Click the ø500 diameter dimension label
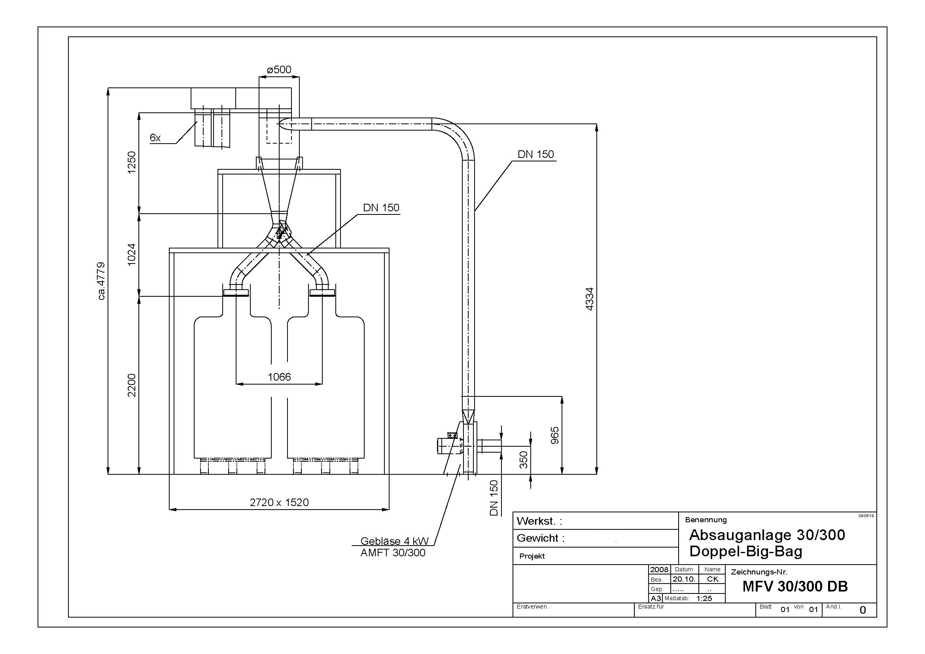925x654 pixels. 279,70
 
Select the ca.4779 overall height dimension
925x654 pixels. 101,281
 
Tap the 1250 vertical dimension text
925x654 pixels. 132,162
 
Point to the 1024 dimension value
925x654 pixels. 132,254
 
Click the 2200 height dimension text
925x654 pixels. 132,385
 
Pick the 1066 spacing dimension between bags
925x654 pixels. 279,377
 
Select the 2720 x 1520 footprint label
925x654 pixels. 279,502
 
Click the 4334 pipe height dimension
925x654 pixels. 589,299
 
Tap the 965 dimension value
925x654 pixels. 555,435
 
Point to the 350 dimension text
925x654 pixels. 523,460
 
